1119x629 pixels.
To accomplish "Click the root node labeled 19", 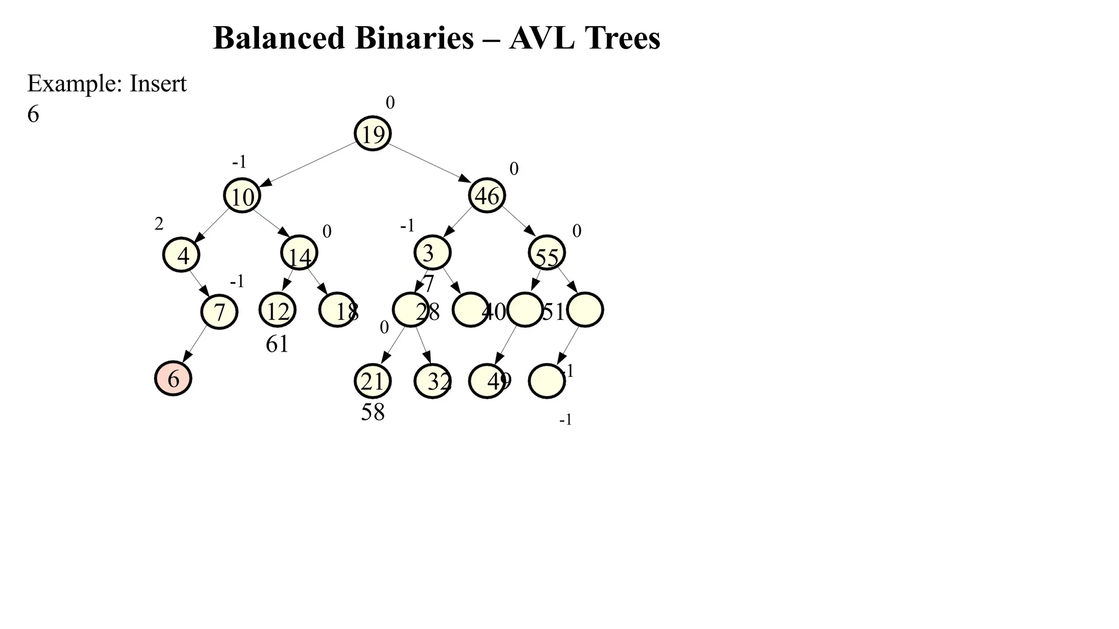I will point(373,133).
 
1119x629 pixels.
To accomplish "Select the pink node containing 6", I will point(173,378).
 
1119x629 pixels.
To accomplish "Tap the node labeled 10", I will point(242,195).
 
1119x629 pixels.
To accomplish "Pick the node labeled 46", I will point(487,195).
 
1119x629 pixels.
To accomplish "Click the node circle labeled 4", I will point(181,255).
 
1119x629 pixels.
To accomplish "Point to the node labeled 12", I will point(278,310).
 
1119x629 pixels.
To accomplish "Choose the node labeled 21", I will point(373,381).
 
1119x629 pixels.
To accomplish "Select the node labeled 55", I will point(547,253).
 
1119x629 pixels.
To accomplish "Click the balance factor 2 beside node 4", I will point(158,224).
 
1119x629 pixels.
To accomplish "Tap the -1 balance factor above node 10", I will point(239,162).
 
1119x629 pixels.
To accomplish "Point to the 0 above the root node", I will point(390,103).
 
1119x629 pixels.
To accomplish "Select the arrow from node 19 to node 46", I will point(429,163).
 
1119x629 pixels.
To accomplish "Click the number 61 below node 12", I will point(277,344).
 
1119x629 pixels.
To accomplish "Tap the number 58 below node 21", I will point(373,412).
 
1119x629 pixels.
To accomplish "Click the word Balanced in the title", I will point(279,38).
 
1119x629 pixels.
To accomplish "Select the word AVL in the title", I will point(541,38).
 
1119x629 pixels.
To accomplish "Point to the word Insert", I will point(158,84).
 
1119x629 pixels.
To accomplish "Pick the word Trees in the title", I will point(622,38).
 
